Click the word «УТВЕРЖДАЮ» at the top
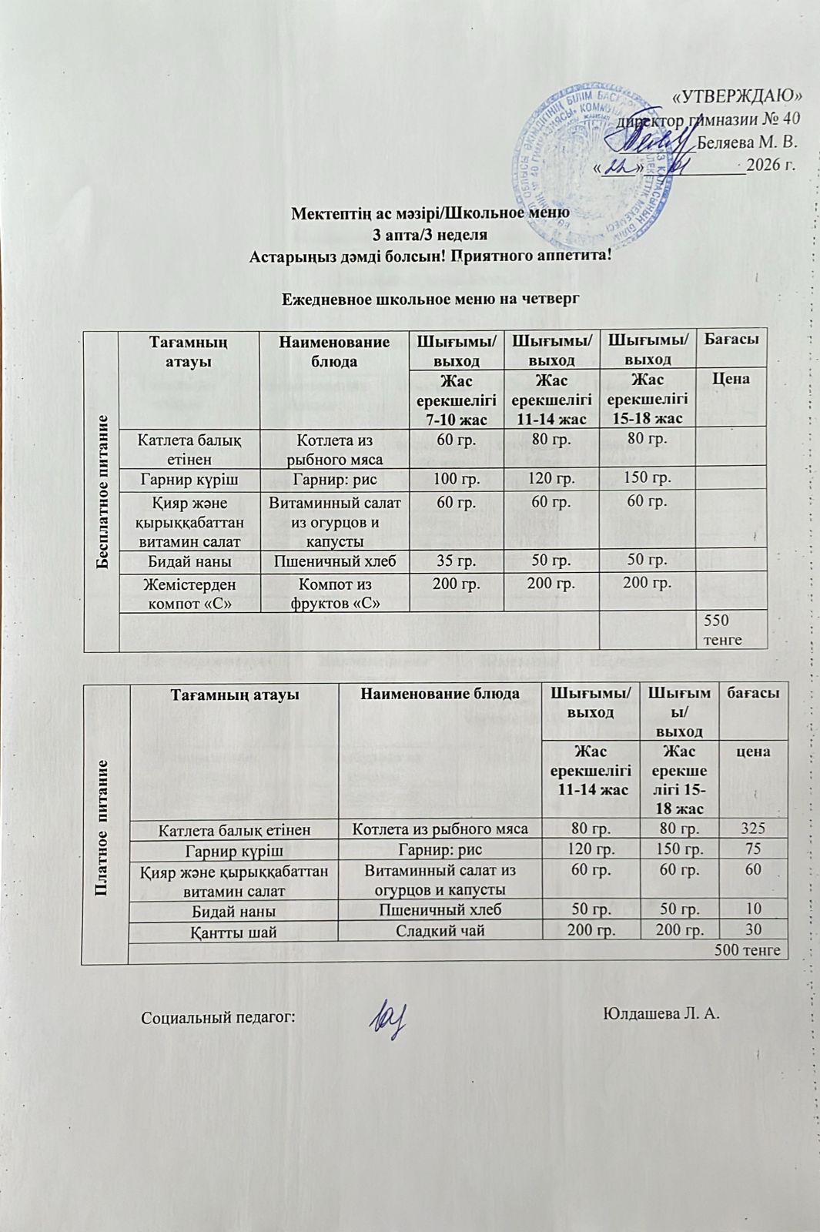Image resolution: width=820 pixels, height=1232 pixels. pyautogui.click(x=738, y=96)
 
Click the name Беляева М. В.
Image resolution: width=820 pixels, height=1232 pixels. pyautogui.click(x=746, y=142)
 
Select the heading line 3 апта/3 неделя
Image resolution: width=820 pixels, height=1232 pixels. pyautogui.click(x=430, y=233)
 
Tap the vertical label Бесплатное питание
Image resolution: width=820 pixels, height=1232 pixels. pyautogui.click(x=101, y=491)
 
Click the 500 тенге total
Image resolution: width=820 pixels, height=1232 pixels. pyautogui.click(x=748, y=950)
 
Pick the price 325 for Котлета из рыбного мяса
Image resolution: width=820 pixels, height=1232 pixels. pyautogui.click(x=752, y=829)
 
